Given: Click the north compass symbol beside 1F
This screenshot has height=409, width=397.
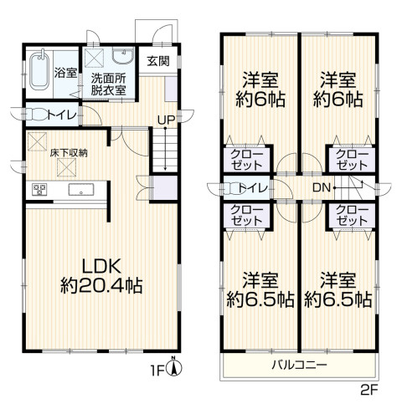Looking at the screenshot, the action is (173, 368).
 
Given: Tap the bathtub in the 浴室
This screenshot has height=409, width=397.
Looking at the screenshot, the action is (39, 71).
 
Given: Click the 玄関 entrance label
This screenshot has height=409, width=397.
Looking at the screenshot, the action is (158, 61).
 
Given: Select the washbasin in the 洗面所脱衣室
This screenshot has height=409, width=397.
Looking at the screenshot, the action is (123, 56).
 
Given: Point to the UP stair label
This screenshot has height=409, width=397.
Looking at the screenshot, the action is (166, 120).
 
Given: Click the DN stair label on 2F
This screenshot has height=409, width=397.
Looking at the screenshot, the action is (322, 187).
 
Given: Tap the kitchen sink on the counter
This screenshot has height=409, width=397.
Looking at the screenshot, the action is (81, 190).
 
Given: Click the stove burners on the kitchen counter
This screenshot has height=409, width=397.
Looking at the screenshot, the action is (40, 190).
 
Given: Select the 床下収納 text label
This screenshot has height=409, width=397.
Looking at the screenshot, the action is (69, 152).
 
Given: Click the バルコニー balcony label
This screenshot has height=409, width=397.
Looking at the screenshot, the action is (300, 365).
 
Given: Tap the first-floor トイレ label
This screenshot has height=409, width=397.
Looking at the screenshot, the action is (62, 115).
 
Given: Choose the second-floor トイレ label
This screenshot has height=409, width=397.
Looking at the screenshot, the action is (253, 188).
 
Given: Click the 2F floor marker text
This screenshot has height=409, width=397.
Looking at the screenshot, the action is (369, 390).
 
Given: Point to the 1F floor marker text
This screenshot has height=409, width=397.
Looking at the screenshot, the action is (157, 371).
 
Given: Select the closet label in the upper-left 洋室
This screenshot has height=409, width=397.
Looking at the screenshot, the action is (247, 160).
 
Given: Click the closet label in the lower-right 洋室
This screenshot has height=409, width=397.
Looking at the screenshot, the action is (352, 215).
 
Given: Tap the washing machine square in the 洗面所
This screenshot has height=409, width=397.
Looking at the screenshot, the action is (94, 58).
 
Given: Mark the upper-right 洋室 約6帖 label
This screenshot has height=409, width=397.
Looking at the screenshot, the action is (338, 89).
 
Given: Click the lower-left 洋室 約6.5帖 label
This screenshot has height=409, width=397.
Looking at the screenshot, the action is (260, 289).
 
